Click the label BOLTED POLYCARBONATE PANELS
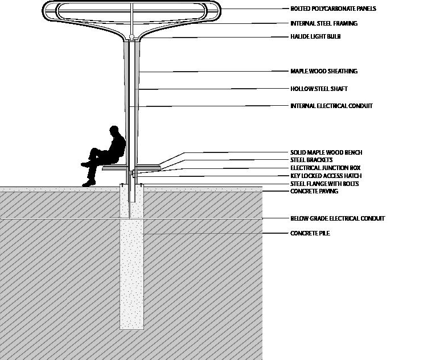click(325, 9)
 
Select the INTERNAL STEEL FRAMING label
click(323, 24)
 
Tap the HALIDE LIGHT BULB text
click(315, 37)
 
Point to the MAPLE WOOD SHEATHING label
click(323, 72)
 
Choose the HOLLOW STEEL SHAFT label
click(319, 89)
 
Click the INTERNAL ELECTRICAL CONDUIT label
click(331, 106)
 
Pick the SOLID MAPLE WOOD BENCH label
click(326, 153)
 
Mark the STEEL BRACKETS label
click(311, 160)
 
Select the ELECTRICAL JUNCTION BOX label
click(325, 168)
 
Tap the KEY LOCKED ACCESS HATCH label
click(326, 176)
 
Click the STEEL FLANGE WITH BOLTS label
click(324, 184)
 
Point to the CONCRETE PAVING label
click(314, 192)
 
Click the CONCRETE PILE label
click(310, 234)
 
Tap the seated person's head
click(115, 131)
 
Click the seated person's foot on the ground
click(89, 183)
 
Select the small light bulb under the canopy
click(131, 38)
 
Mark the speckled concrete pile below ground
click(131, 273)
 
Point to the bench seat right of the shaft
click(149, 167)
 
